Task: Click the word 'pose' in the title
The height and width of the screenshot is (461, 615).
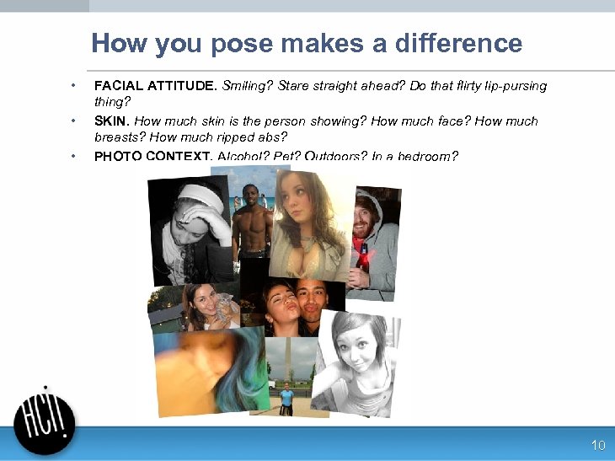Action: tap(240, 44)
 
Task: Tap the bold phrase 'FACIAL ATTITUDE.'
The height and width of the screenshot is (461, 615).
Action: tap(156, 86)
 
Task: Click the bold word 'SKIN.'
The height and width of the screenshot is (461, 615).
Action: tap(112, 121)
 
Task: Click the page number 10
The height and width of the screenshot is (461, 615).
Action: tap(598, 445)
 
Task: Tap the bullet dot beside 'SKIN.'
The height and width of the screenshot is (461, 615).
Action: tap(73, 121)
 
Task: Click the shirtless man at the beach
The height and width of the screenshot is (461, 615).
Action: tap(251, 228)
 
